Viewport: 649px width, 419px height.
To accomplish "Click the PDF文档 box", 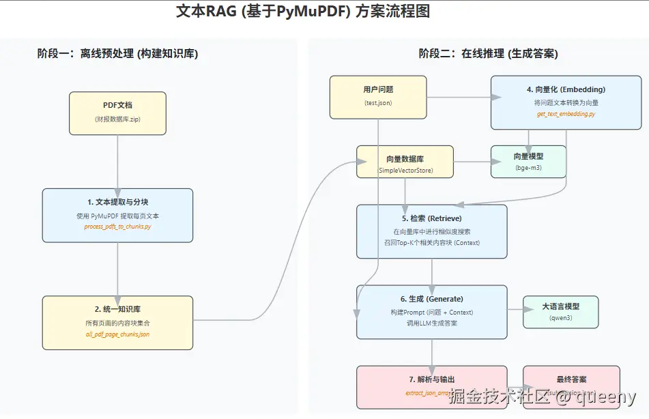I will [x=117, y=113].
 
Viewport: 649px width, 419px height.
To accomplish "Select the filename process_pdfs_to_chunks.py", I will [x=117, y=227].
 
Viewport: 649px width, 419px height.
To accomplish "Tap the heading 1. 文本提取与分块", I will [x=117, y=202].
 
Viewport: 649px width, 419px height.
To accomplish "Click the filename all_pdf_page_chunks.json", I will [x=117, y=334].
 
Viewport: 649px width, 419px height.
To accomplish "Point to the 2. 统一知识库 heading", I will [x=117, y=309].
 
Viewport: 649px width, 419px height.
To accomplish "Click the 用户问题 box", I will [x=378, y=96].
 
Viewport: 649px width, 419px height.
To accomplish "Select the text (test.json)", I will [x=378, y=103].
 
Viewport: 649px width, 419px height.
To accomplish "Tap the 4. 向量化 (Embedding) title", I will [x=566, y=89].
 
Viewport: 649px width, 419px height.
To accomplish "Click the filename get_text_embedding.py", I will [x=566, y=114].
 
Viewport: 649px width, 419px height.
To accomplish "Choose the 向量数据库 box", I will [x=405, y=162].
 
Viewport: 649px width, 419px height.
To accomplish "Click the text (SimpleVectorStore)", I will [x=405, y=170].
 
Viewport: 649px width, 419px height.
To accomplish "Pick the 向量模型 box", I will [x=528, y=162].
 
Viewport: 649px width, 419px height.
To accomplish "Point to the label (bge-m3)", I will [x=528, y=167].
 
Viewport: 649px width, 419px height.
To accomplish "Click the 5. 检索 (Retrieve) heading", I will [x=431, y=218].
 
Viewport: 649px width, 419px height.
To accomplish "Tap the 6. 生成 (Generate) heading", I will [x=431, y=299].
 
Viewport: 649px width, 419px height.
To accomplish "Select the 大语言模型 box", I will [x=560, y=313].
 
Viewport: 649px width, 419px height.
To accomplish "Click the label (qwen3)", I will [x=560, y=318].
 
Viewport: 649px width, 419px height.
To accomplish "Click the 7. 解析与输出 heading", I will [x=431, y=379].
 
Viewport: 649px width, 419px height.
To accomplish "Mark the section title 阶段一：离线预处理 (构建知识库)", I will [x=117, y=54].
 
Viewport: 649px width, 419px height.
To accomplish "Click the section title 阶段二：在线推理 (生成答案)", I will [x=488, y=54].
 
